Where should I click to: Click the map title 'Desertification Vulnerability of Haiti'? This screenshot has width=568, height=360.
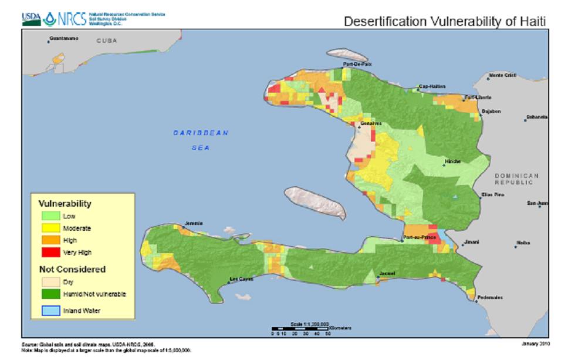coord(445,22)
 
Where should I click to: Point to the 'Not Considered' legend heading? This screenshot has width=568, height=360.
coord(72,270)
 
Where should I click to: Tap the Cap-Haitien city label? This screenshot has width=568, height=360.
coord(431,86)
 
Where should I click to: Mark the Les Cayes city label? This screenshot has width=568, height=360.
coord(241,279)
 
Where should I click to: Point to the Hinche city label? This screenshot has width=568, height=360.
coord(452,162)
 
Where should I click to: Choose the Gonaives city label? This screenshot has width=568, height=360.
coord(371,123)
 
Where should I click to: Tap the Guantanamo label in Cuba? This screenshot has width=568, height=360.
coord(64,39)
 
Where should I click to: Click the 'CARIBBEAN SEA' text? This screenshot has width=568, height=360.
coord(200,140)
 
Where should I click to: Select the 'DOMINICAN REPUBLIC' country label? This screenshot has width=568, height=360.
coord(516,179)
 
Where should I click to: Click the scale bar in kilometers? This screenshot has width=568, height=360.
coord(299,329)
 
